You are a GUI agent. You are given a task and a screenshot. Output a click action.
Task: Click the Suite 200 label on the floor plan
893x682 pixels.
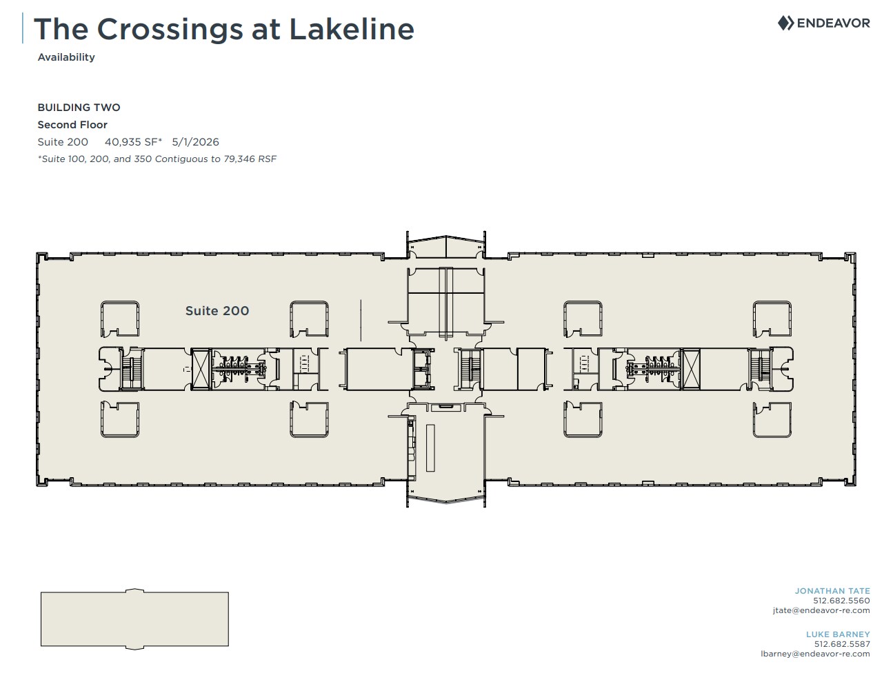point(217,311)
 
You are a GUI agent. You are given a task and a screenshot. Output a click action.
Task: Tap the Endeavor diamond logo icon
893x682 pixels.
point(785,23)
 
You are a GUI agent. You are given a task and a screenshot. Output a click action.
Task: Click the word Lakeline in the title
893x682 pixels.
point(352,29)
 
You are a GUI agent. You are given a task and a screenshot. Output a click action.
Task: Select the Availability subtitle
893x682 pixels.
point(66,57)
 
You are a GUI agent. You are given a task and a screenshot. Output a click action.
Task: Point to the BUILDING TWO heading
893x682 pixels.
point(79,108)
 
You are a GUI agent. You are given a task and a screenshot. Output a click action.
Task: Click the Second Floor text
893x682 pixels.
point(72,124)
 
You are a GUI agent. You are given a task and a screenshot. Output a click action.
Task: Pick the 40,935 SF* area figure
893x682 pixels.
point(134,142)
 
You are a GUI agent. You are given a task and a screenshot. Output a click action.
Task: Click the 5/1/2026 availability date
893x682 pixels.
point(195,142)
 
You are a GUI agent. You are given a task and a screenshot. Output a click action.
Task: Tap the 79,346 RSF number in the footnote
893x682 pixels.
point(250,159)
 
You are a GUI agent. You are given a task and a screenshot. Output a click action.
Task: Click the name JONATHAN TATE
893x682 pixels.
point(832,591)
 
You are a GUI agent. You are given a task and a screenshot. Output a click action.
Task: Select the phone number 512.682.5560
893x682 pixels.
point(841,601)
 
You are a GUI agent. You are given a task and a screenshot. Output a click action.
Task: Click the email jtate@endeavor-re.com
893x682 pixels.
point(821,610)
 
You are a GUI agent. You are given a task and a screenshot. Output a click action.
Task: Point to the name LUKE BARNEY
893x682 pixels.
point(838,634)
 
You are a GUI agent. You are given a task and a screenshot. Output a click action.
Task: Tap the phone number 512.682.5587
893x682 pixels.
point(842,644)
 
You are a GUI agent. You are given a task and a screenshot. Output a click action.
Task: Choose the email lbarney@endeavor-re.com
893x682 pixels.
point(815,654)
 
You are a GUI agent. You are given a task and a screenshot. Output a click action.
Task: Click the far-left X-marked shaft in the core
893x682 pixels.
point(201,369)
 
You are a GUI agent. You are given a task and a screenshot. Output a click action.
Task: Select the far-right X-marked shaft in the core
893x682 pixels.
point(690,369)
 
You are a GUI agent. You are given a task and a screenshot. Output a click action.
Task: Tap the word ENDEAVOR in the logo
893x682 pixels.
point(833,23)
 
